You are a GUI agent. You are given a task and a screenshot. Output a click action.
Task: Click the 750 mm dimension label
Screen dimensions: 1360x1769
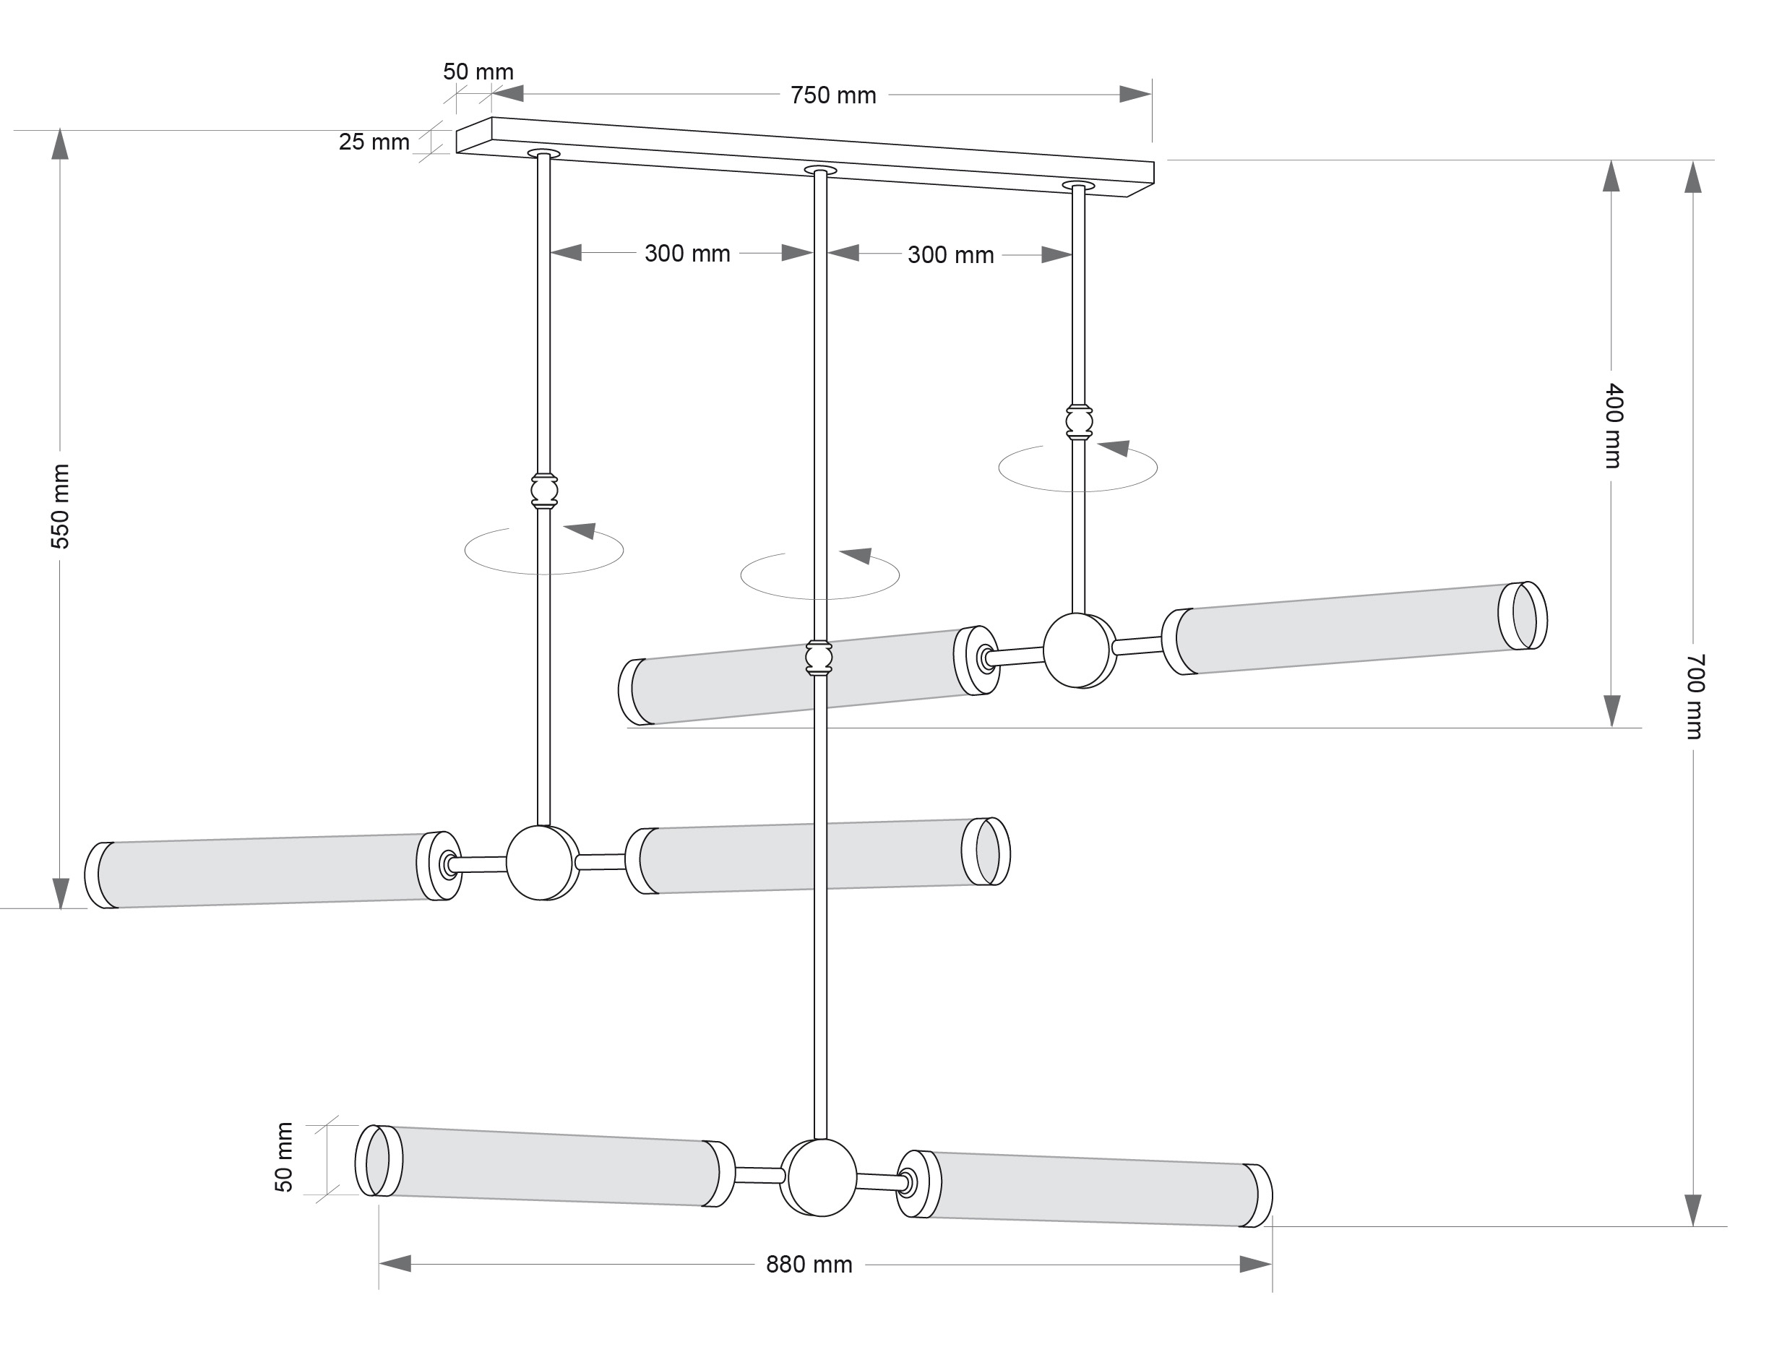(832, 95)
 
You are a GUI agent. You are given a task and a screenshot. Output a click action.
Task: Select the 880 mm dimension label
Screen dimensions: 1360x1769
(808, 1265)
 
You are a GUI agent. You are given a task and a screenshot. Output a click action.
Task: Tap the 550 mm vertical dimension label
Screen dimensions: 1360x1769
(61, 506)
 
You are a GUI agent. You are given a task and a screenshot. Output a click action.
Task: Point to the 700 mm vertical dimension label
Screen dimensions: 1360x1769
(1694, 696)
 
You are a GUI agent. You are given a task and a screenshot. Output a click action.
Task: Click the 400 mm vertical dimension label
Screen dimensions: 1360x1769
(1613, 426)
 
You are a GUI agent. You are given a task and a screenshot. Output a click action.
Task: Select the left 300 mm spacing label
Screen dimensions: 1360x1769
(686, 254)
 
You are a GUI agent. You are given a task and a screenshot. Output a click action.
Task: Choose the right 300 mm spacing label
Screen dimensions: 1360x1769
(950, 256)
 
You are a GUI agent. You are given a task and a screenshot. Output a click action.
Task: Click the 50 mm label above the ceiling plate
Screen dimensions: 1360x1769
(478, 72)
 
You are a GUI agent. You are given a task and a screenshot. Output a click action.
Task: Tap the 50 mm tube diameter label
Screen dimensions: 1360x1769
(284, 1157)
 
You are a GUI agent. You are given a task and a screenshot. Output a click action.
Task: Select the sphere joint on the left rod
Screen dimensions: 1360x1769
(542, 863)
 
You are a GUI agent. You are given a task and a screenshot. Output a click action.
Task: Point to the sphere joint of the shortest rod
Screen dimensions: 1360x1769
(1077, 651)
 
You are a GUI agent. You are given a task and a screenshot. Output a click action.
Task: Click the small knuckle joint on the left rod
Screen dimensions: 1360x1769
(544, 491)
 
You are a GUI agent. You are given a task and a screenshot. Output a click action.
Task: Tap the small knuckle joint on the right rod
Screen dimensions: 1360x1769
(1078, 423)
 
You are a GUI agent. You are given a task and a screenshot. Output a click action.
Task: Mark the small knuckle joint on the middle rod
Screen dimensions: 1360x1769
(819, 658)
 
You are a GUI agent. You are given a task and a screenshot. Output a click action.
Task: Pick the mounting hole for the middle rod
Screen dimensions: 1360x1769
(819, 170)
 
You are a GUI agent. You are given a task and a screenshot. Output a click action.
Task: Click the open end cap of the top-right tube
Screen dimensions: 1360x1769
(1523, 615)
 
